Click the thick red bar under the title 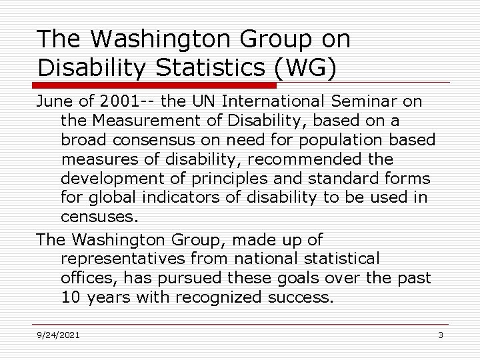(x=155, y=85)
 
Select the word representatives (x=121, y=258)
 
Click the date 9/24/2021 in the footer (x=58, y=335)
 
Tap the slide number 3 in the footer (x=441, y=335)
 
